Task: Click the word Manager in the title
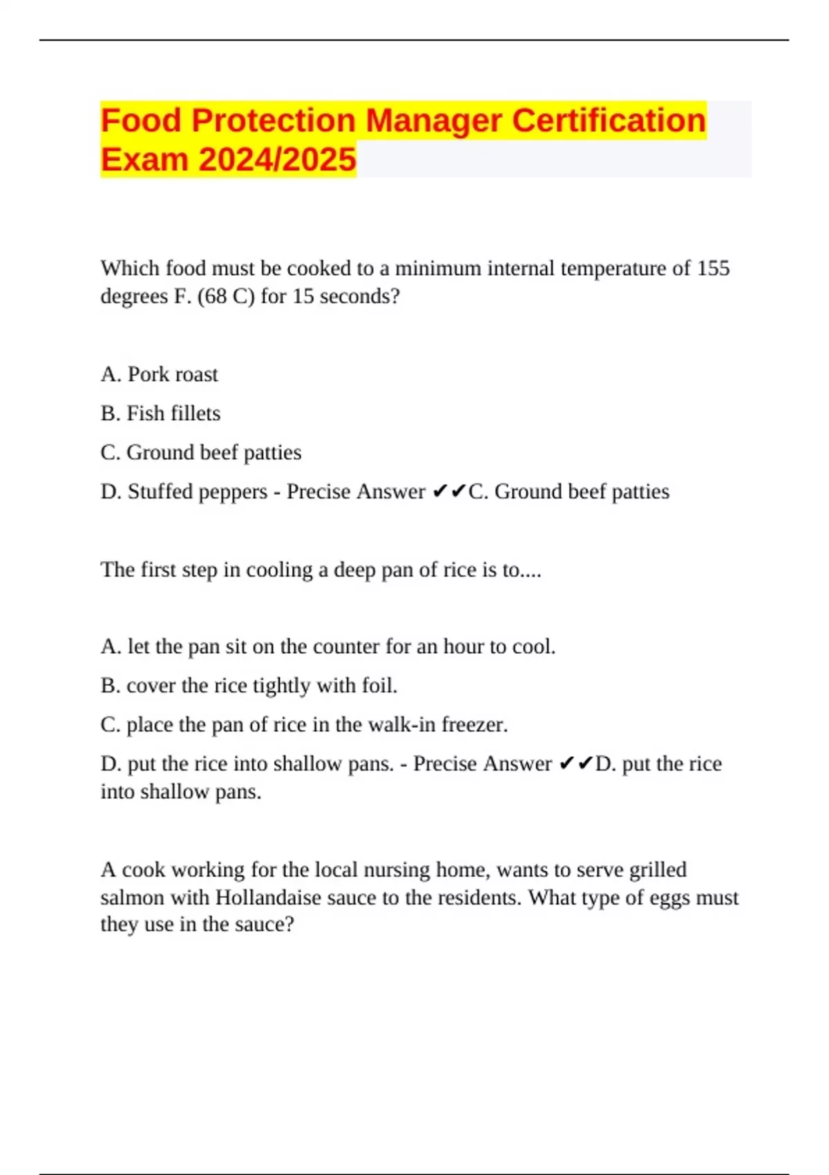433,120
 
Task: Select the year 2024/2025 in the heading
277,160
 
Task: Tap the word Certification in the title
609,120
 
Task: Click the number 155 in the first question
713,268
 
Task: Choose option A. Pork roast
159,375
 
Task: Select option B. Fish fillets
160,413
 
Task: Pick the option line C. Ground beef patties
201,453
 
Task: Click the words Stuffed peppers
197,491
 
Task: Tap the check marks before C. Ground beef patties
449,491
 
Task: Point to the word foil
379,686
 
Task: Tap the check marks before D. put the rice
575,764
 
